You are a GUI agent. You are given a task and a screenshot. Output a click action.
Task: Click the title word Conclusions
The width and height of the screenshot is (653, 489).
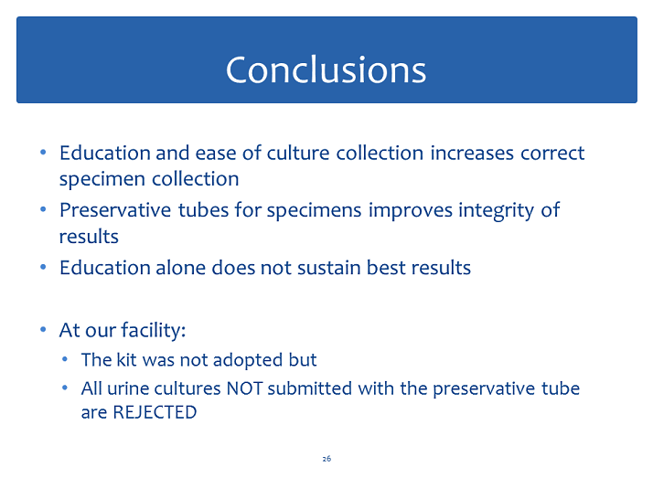point(326,69)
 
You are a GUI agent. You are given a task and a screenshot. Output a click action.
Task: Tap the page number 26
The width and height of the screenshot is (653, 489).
point(326,459)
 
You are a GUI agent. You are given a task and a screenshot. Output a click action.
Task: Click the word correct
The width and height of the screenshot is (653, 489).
point(552,154)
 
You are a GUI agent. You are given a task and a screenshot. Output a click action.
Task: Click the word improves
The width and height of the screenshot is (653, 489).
point(411,210)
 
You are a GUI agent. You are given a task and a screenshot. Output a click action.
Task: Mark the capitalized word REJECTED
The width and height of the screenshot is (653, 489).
point(155,412)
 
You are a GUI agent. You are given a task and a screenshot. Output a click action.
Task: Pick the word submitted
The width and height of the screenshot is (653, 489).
point(310,388)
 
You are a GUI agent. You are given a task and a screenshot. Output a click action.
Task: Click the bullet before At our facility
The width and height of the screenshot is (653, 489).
point(43,330)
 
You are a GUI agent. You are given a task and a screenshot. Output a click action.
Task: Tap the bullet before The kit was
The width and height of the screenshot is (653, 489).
point(65,359)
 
